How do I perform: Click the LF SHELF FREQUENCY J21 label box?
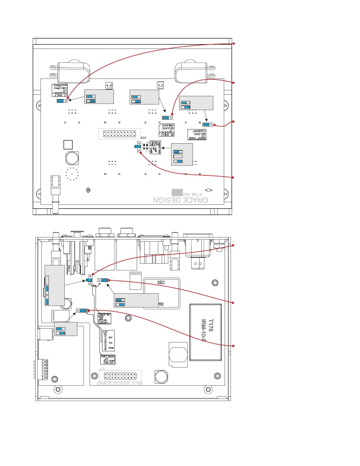(60, 90)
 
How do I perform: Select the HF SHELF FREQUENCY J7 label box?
(166, 130)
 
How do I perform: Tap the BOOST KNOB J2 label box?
(197, 134)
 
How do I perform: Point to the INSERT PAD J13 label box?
(155, 147)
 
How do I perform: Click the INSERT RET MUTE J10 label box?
(104, 319)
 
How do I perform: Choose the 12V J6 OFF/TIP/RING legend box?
(108, 341)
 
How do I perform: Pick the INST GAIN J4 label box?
(107, 360)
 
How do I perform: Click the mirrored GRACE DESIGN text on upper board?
(181, 200)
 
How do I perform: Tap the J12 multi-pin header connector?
(120, 376)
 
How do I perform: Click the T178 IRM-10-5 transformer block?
(206, 332)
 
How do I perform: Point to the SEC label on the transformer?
(161, 282)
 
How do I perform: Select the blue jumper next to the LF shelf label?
(61, 101)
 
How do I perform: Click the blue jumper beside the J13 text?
(137, 147)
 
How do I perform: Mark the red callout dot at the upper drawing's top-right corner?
(234, 44)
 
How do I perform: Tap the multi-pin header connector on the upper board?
(119, 134)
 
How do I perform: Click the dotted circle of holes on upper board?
(72, 174)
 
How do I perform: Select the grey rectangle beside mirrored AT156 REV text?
(177, 192)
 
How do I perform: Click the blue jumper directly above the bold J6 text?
(89, 280)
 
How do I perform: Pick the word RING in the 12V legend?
(111, 348)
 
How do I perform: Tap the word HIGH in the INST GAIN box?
(111, 361)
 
